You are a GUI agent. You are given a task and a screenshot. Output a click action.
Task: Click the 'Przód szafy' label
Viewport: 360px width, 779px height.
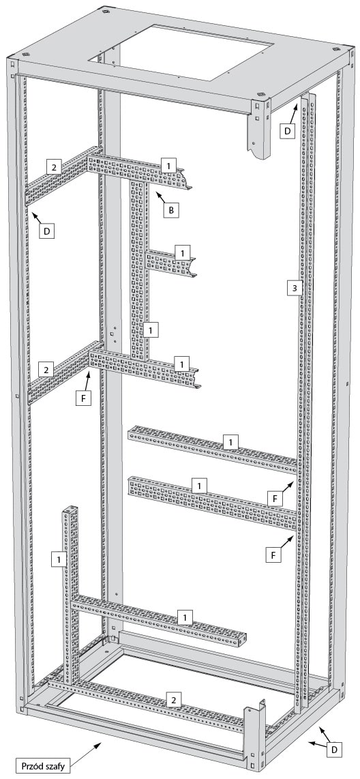(43, 765)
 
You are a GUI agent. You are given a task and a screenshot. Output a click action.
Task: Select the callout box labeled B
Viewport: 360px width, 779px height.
(171, 209)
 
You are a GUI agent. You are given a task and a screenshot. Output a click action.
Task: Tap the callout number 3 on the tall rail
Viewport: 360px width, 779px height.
(295, 288)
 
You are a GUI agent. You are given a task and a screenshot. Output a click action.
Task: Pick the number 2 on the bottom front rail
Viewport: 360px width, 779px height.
(173, 699)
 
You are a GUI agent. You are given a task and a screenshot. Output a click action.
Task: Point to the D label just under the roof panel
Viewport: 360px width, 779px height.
(287, 132)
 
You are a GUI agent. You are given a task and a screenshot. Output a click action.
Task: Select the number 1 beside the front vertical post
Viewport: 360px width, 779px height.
(59, 559)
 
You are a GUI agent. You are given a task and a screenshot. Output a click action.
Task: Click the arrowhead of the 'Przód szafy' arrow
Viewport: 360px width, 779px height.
(101, 743)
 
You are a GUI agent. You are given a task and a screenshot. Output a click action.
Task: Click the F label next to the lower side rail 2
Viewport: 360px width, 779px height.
(84, 398)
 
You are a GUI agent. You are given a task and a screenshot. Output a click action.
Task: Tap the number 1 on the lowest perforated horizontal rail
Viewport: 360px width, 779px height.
(185, 617)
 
